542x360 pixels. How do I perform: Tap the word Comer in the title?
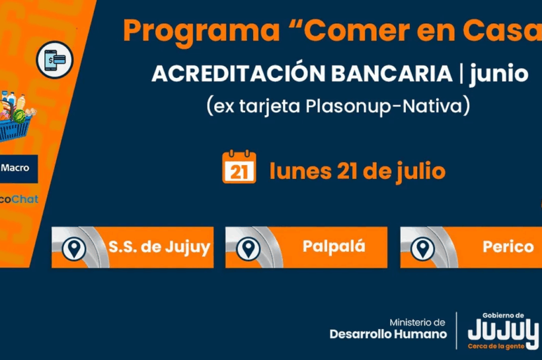pyautogui.click(x=356, y=30)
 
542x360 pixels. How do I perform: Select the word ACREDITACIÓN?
pyautogui.click(x=239, y=73)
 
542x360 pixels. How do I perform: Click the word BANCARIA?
pyautogui.click(x=392, y=73)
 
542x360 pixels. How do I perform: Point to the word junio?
pyautogui.click(x=499, y=74)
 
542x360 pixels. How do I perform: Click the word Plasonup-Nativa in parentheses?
pyautogui.click(x=384, y=106)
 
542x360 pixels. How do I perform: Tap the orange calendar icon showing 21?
pyautogui.click(x=239, y=166)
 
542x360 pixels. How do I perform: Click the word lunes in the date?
pyautogui.click(x=300, y=171)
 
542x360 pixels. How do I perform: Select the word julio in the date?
pyautogui.click(x=420, y=172)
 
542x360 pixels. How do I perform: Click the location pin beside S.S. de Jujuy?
pyautogui.click(x=73, y=248)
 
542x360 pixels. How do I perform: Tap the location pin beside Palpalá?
pyautogui.click(x=248, y=248)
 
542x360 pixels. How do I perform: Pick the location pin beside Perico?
pyautogui.click(x=422, y=248)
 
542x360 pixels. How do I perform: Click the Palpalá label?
pyautogui.click(x=334, y=246)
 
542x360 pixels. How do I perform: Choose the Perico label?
pyautogui.click(x=508, y=246)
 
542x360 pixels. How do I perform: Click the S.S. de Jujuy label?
pyautogui.click(x=159, y=247)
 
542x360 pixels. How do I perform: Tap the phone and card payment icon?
pyautogui.click(x=55, y=59)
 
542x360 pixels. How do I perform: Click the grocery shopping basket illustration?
pyautogui.click(x=15, y=116)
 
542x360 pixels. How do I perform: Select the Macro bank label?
pyautogui.click(x=15, y=168)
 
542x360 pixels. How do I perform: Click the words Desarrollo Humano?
pyautogui.click(x=388, y=334)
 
